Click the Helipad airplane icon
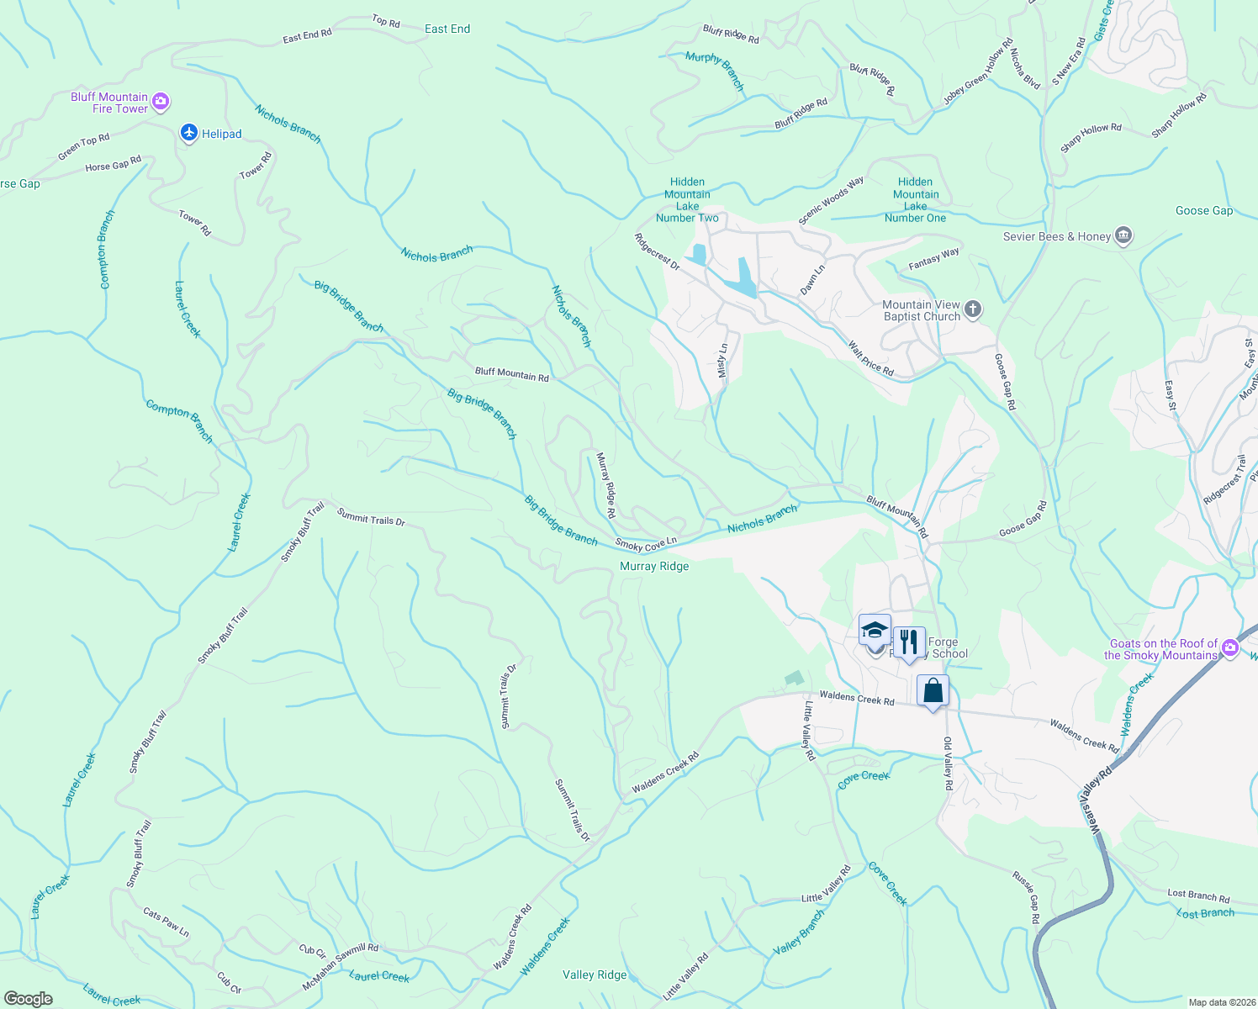pyautogui.click(x=189, y=133)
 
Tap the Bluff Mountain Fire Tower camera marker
pyautogui.click(x=161, y=103)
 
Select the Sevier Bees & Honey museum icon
pyautogui.click(x=1123, y=236)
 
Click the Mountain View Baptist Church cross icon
pyautogui.click(x=973, y=309)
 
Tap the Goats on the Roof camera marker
pyautogui.click(x=1231, y=647)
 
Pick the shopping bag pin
pyautogui.click(x=933, y=691)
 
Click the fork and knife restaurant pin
pyautogui.click(x=908, y=643)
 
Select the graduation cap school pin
pyautogui.click(x=875, y=631)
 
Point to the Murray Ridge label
pyautogui.click(x=654, y=567)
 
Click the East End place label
pyautogui.click(x=447, y=29)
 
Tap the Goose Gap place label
pyautogui.click(x=1204, y=211)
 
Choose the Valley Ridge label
pyautogui.click(x=595, y=975)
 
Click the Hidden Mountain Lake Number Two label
pyautogui.click(x=687, y=200)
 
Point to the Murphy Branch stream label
pyautogui.click(x=716, y=70)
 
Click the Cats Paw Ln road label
pyautogui.click(x=166, y=922)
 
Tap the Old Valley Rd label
pyautogui.click(x=948, y=763)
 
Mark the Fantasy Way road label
pyautogui.click(x=933, y=259)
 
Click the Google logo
pyautogui.click(x=29, y=999)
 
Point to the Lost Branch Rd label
pyautogui.click(x=1198, y=896)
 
